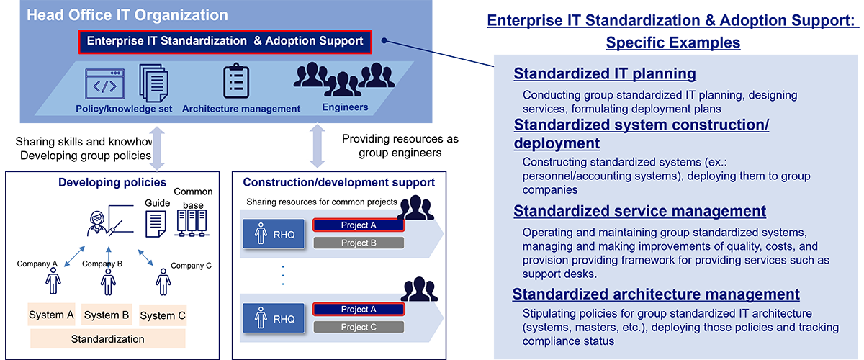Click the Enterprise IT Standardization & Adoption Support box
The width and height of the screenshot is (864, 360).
[x=225, y=41]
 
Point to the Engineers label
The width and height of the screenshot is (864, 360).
[x=345, y=107]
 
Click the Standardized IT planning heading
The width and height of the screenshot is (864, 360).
[x=605, y=73]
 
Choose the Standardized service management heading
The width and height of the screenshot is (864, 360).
[x=639, y=211]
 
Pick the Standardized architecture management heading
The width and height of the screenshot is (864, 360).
[x=656, y=294]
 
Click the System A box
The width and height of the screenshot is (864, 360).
[x=51, y=315]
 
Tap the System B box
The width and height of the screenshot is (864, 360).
[x=106, y=315]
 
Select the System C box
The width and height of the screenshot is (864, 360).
[x=162, y=315]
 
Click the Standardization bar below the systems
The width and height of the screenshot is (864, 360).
[x=107, y=338]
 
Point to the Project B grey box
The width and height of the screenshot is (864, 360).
[x=358, y=243]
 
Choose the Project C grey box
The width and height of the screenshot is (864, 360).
[x=358, y=327]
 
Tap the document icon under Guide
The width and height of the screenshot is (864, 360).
[x=157, y=223]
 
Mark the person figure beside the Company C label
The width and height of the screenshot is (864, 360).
[x=163, y=280]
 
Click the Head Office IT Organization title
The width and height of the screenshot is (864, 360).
[x=127, y=15]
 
